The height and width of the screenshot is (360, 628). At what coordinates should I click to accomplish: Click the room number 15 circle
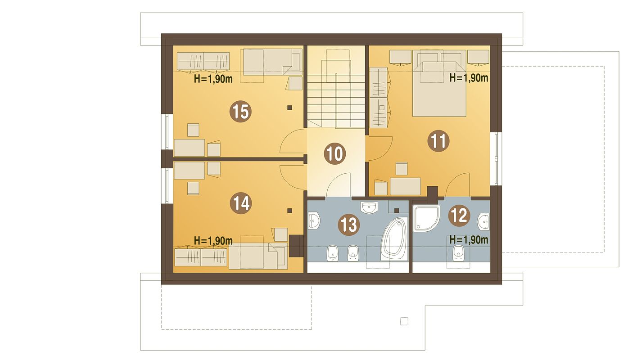[x=240, y=112]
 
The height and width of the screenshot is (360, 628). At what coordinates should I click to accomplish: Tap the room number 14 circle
[x=240, y=203]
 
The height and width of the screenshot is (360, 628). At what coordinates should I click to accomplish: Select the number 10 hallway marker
[x=335, y=153]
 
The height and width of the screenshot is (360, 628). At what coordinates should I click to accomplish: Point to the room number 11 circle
[x=438, y=141]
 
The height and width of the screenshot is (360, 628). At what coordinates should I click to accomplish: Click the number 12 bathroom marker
[x=459, y=216]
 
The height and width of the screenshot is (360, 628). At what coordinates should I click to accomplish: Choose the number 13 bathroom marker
[x=349, y=225]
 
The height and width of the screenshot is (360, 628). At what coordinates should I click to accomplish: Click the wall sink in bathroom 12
[x=483, y=221]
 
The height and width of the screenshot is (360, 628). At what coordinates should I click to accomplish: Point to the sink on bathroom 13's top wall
[x=369, y=207]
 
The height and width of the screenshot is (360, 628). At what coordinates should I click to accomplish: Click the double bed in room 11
[x=439, y=84]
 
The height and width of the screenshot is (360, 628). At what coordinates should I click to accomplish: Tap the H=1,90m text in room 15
[x=213, y=79]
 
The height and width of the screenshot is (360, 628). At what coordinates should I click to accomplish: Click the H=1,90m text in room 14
[x=213, y=240]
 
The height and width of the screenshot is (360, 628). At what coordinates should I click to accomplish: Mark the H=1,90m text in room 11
[x=469, y=78]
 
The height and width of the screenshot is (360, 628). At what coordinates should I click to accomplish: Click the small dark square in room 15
[x=290, y=107]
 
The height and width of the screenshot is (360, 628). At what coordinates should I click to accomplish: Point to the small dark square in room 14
[x=290, y=211]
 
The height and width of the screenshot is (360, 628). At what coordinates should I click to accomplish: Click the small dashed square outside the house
[x=404, y=321]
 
